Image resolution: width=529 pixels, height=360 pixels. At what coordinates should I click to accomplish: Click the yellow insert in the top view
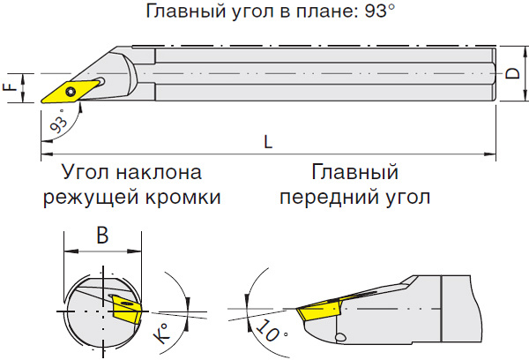tap(73, 90)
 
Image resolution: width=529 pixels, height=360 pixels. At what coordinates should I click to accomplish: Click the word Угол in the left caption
tap(85, 171)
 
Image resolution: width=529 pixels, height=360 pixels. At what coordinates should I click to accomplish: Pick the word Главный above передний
tap(355, 171)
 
